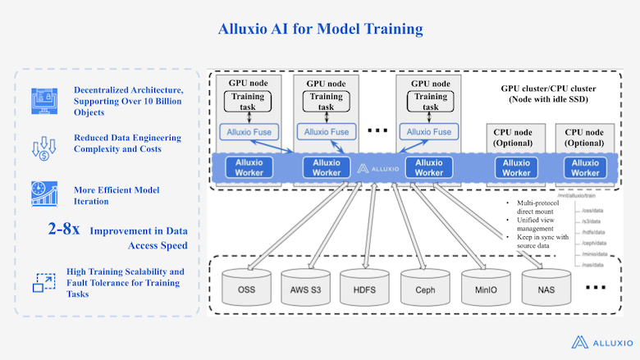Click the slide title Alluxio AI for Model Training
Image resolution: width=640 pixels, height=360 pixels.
(320, 30)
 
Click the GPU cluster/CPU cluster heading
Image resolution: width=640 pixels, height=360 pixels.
(549, 93)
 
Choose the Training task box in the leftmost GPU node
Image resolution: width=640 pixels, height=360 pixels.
(248, 102)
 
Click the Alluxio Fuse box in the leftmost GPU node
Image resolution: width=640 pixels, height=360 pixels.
(248, 131)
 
